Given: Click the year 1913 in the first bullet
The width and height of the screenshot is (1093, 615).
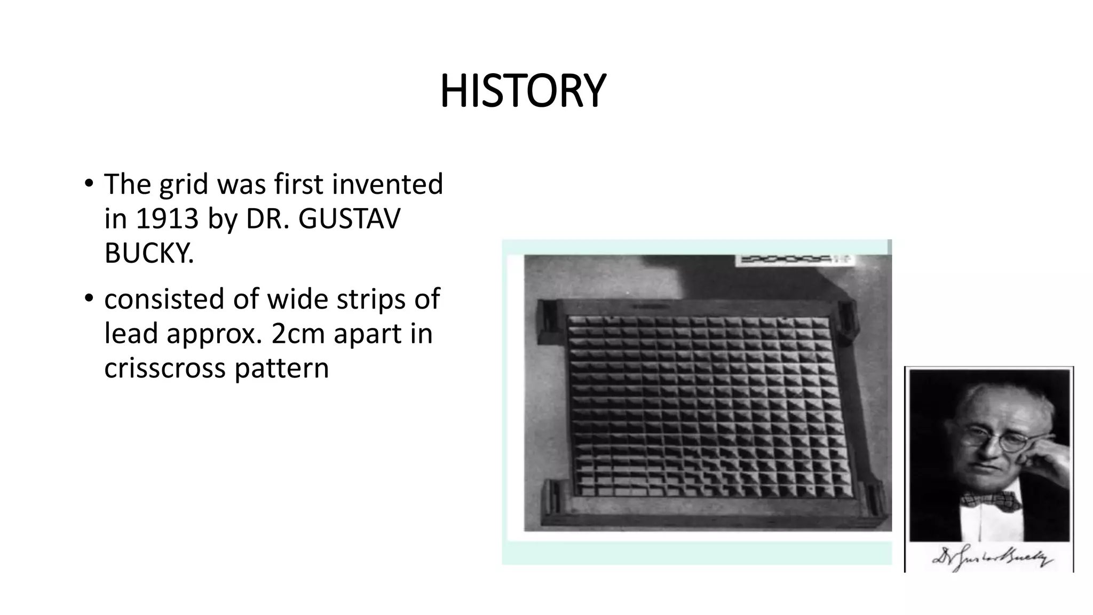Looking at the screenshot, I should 167,219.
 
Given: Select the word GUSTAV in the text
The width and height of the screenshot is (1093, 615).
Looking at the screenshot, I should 349,219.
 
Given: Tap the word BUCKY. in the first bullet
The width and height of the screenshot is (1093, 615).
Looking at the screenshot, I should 149,253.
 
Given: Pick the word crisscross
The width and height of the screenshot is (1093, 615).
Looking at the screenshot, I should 165,368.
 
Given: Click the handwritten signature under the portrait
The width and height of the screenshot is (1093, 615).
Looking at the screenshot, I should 992,558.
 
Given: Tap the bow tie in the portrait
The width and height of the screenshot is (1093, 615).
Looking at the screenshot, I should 990,501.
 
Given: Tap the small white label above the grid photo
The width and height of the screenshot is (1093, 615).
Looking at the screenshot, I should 794,260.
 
